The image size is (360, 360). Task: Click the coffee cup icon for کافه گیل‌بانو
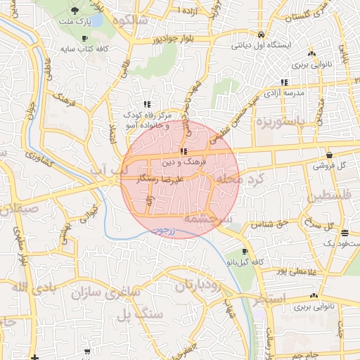tap(245, 251)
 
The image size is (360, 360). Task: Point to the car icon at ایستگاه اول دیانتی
tap(261, 34)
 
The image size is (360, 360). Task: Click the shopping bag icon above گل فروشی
tap(330, 155)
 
